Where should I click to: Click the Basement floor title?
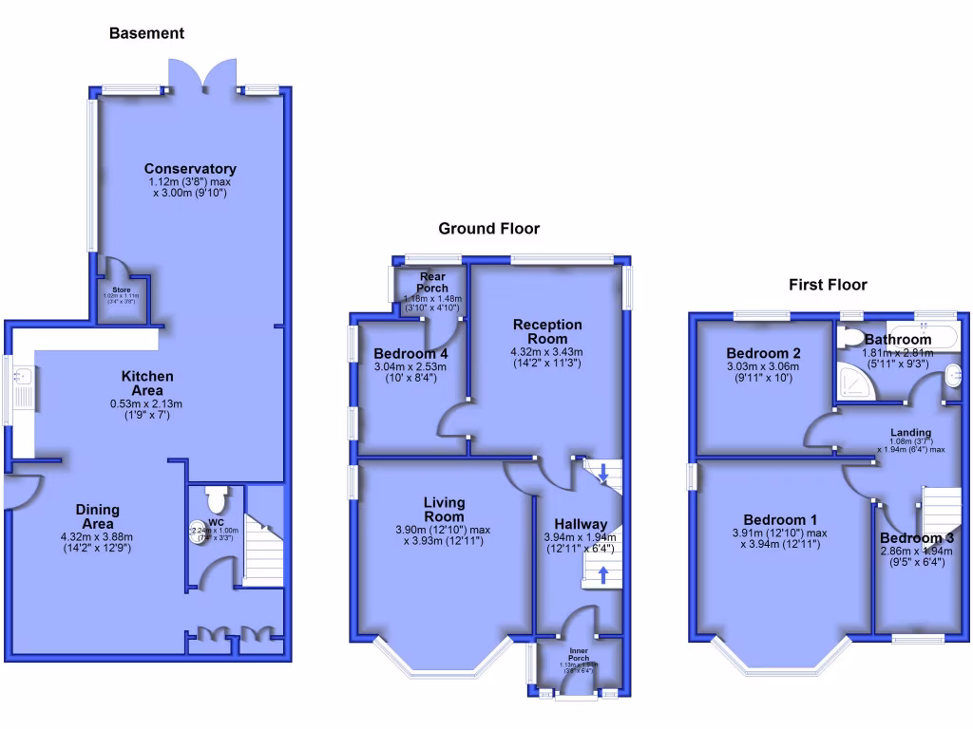[146, 33]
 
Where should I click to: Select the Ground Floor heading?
[488, 228]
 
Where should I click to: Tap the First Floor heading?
[828, 284]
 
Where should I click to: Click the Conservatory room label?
[190, 169]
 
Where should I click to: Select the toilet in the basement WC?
[215, 497]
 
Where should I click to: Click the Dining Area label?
[97, 516]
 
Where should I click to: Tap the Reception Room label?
[547, 331]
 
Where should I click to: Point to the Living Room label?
[445, 509]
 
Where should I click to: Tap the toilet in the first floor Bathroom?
[850, 335]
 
